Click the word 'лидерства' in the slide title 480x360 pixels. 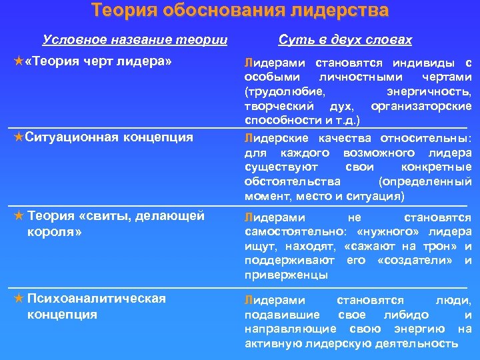333,11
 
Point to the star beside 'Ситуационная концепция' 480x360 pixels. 19,137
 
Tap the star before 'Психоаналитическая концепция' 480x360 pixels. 19,298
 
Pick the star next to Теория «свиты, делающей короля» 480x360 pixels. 19,215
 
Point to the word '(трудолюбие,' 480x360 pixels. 285,91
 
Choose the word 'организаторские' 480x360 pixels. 421,106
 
